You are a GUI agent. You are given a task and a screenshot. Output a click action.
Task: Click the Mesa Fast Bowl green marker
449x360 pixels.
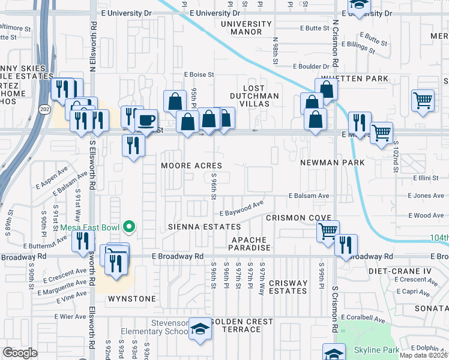128,227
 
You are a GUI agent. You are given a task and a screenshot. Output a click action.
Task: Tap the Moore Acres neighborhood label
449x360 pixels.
191,165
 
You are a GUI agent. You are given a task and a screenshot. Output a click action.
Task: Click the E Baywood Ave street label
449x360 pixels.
241,210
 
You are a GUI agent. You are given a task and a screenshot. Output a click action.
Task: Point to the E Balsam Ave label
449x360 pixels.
309,196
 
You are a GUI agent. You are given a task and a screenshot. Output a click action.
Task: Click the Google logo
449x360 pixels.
20,353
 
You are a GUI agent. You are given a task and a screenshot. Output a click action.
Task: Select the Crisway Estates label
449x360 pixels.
288,287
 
